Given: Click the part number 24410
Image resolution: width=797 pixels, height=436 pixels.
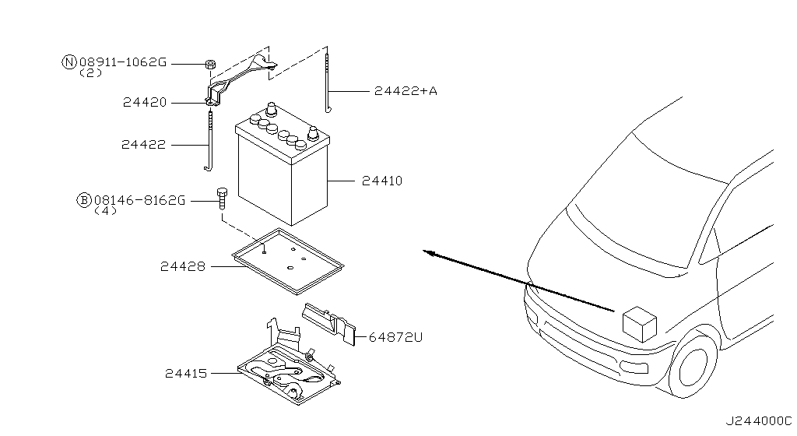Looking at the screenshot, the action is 381,181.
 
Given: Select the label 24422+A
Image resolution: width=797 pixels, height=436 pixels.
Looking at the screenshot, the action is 406,91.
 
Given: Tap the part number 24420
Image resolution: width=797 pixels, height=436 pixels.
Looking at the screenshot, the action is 145,103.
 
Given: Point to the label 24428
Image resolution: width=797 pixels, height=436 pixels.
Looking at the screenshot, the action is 183,266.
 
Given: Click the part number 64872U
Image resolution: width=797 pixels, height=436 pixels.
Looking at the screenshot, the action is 395,337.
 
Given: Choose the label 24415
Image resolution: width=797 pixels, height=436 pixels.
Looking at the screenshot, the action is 186,374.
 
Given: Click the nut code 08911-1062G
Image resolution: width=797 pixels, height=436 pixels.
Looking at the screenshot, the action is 123,62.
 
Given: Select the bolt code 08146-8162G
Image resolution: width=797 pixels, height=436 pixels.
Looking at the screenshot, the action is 140,200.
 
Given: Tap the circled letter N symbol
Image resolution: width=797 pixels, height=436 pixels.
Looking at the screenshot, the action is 69,62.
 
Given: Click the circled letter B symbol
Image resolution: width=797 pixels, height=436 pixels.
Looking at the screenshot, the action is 84,200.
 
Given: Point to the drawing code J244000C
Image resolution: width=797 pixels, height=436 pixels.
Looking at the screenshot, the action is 758,421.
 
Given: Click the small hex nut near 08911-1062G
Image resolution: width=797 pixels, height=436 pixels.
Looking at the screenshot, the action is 209,65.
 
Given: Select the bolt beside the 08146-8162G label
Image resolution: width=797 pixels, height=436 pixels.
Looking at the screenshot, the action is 222,199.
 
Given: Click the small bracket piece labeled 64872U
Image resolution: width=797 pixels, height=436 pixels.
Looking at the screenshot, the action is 329,323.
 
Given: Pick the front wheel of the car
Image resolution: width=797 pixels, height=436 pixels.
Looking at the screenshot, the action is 694,364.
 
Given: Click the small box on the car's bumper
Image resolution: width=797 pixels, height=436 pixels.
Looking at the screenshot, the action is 640,324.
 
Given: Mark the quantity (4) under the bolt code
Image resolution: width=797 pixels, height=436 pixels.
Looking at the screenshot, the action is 106,210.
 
